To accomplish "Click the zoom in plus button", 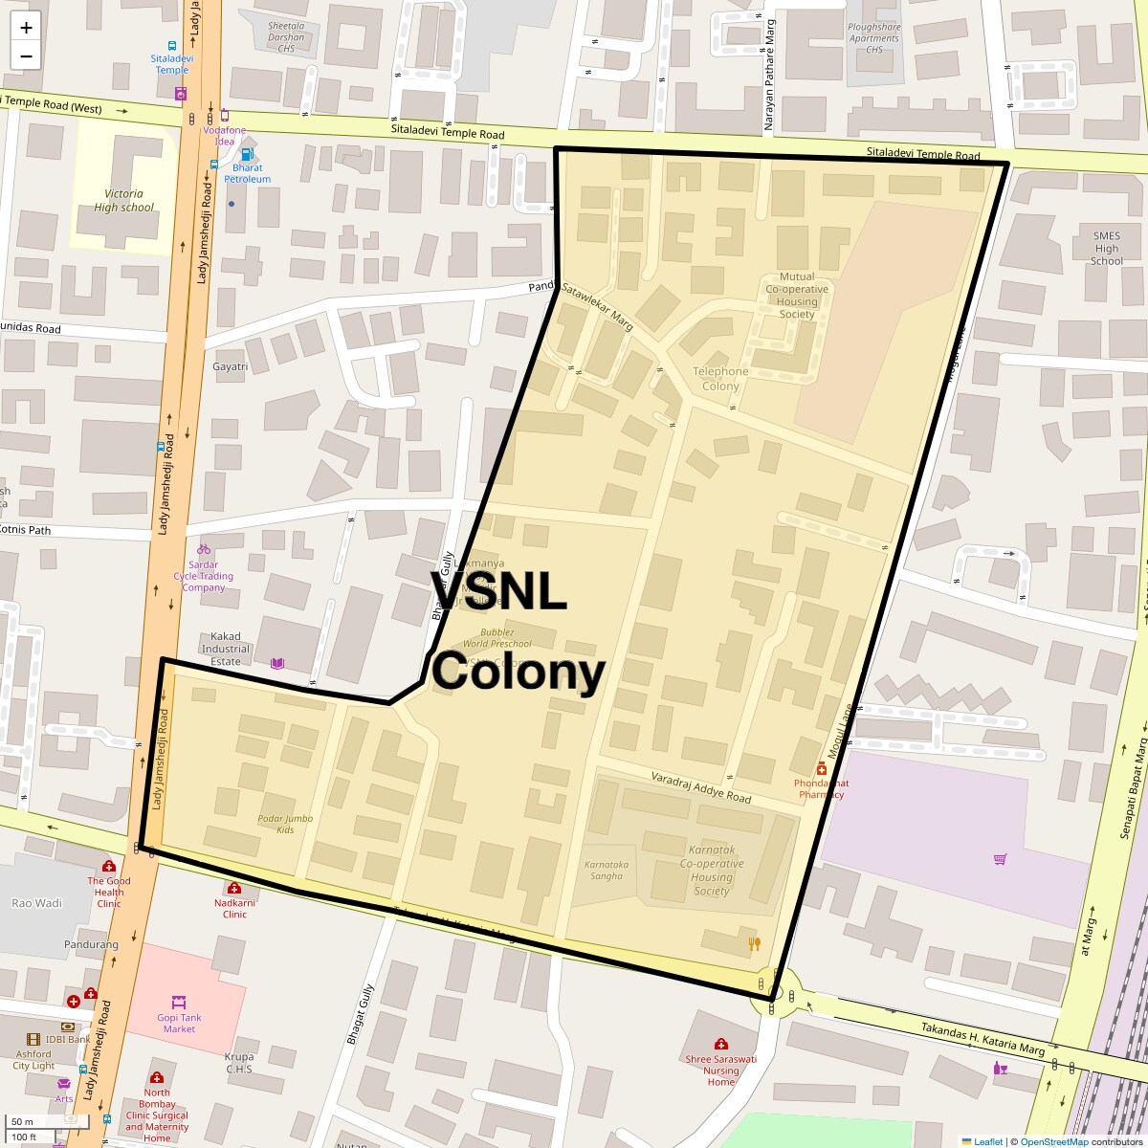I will pyautogui.click(x=26, y=28).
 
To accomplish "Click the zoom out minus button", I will pyautogui.click(x=26, y=55).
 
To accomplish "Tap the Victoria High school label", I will pyautogui.click(x=123, y=200).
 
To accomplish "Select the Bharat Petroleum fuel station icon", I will pyautogui.click(x=247, y=154).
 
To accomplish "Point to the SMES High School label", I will pyautogui.click(x=1106, y=248).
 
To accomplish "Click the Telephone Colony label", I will pyautogui.click(x=720, y=378).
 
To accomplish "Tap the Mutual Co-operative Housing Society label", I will pyautogui.click(x=797, y=295).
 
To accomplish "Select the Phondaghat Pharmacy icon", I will pyautogui.click(x=821, y=769).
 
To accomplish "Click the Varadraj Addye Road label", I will pyautogui.click(x=700, y=786).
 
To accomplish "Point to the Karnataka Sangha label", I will pyautogui.click(x=607, y=870).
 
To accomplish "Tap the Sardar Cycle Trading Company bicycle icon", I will pyautogui.click(x=203, y=549).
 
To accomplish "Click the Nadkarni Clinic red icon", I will pyautogui.click(x=234, y=888).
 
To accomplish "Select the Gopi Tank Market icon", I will pyautogui.click(x=178, y=1002).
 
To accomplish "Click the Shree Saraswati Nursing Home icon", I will pyautogui.click(x=720, y=1044).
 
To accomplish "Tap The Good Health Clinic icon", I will pyautogui.click(x=108, y=866).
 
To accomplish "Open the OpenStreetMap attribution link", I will pyautogui.click(x=1053, y=1141).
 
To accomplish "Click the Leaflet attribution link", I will pyautogui.click(x=987, y=1141).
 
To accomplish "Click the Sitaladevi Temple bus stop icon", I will pyautogui.click(x=172, y=45).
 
